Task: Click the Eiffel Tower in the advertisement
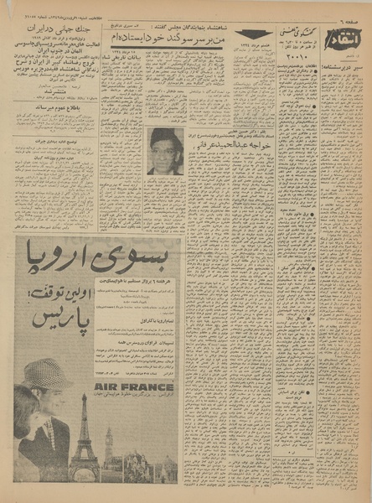point(85,439)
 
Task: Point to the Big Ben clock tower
point(108,449)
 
